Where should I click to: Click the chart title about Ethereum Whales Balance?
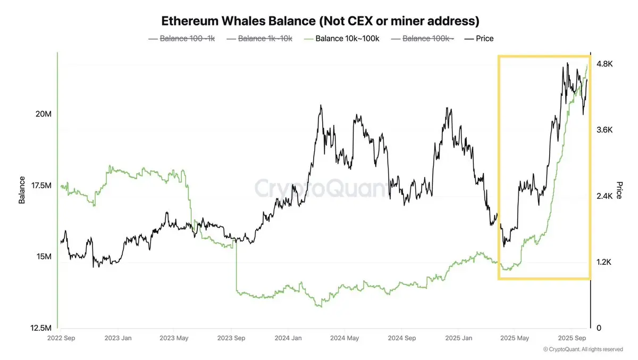(320, 21)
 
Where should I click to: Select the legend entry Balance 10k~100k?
(347, 38)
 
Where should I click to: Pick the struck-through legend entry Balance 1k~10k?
(265, 38)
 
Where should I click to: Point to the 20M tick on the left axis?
(42, 114)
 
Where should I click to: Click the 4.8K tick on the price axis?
(605, 64)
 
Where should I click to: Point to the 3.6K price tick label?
(605, 130)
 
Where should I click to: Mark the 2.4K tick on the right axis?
(605, 196)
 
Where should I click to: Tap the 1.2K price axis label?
(605, 262)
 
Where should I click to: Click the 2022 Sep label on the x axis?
(62, 338)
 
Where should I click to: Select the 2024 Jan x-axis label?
(288, 338)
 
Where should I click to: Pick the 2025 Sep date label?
(572, 338)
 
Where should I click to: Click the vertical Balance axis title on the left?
(22, 190)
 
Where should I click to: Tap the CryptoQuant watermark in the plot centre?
(322, 188)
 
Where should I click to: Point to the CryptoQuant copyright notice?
(583, 349)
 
